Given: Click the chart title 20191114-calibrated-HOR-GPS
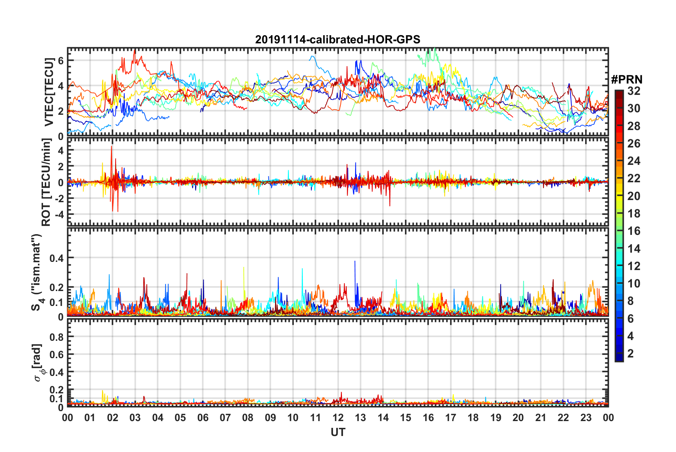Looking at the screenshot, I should pyautogui.click(x=338, y=39).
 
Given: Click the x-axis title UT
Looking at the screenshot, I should pyautogui.click(x=338, y=432).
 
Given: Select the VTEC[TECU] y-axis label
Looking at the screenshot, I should pyautogui.click(x=49, y=92).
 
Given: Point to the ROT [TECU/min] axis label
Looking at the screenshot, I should pyautogui.click(x=46, y=182).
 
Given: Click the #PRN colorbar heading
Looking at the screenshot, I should pyautogui.click(x=627, y=80).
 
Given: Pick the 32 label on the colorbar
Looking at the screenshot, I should pyautogui.click(x=634, y=91).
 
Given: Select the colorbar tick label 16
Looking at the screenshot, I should pyautogui.click(x=634, y=231).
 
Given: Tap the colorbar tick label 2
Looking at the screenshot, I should pyautogui.click(x=631, y=354).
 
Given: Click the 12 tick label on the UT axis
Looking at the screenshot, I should pyautogui.click(x=338, y=418).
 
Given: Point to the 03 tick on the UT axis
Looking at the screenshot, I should pyautogui.click(x=135, y=418).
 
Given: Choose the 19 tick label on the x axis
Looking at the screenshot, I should pyautogui.click(x=495, y=418).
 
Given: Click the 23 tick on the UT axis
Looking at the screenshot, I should pyautogui.click(x=586, y=418).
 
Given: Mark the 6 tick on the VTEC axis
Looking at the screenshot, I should pyautogui.click(x=61, y=61).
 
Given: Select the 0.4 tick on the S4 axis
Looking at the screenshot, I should pyautogui.click(x=57, y=258).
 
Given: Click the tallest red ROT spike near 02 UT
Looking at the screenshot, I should pyautogui.click(x=112, y=147).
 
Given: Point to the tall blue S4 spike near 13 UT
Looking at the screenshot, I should pyautogui.click(x=355, y=262).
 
